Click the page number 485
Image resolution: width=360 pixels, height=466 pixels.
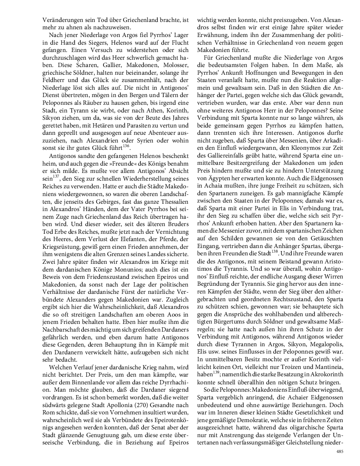coord(340,452)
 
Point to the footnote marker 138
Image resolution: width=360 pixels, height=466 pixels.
coord(275,251)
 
